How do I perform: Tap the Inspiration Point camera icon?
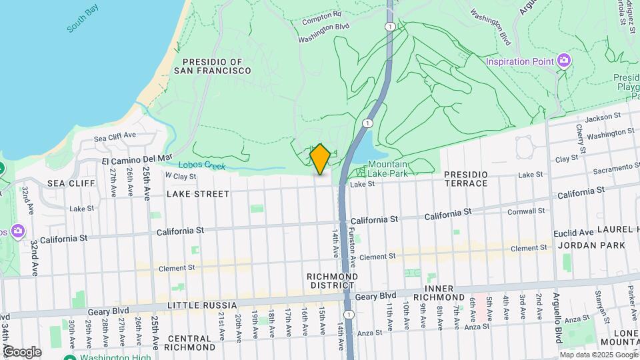coord(564,61)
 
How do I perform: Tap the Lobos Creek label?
coord(201,166)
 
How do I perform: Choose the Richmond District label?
coord(332,281)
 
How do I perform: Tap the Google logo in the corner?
coord(21,352)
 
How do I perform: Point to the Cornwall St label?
coord(525,211)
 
